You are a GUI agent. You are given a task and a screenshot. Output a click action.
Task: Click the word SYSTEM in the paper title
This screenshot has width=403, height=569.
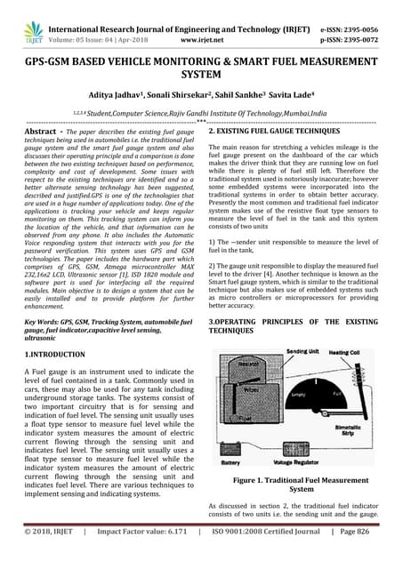point(202,76)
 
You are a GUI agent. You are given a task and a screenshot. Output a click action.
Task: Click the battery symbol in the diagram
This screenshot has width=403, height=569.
point(230,449)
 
